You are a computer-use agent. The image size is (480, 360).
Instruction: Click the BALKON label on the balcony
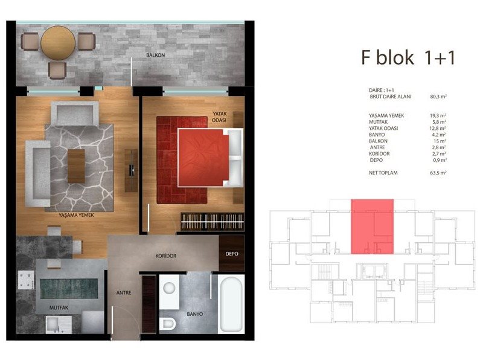click(156, 55)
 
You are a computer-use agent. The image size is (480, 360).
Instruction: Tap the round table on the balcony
click(58, 43)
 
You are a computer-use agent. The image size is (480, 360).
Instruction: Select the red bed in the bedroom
click(203, 158)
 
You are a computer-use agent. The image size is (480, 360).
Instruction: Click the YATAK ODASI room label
click(220, 117)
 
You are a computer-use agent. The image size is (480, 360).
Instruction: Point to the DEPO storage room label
click(232, 254)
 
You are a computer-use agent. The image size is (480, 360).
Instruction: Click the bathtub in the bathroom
click(231, 304)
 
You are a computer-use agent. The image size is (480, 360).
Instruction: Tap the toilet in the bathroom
click(168, 324)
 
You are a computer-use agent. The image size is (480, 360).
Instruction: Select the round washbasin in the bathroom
click(169, 288)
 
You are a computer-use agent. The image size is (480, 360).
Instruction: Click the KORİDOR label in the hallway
click(166, 256)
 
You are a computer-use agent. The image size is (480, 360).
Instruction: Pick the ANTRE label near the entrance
click(124, 293)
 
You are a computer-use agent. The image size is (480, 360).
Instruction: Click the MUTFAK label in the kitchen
click(59, 307)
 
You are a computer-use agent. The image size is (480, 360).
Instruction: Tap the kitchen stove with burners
click(26, 280)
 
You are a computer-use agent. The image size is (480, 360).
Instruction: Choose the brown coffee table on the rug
click(76, 166)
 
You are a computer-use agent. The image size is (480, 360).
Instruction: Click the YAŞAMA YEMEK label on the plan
click(76, 215)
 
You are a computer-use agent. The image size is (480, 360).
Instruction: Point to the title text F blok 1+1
click(408, 57)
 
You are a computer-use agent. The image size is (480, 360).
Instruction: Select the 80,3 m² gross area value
click(438, 97)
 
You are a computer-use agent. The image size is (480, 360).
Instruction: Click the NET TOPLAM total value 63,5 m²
click(438, 173)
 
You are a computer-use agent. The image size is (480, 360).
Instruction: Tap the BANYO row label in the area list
click(377, 135)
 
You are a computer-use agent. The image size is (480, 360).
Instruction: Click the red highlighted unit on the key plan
click(373, 227)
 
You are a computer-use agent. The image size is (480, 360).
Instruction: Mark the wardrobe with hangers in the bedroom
click(212, 221)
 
